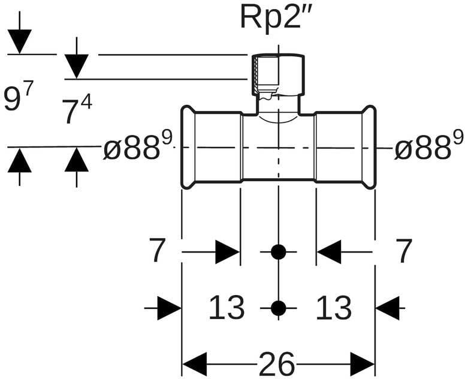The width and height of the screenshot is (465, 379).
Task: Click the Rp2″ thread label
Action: pyautogui.click(x=276, y=17)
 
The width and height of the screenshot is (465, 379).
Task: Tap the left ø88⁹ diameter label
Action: pyautogui.click(x=138, y=147)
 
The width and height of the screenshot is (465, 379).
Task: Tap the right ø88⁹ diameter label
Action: pyautogui.click(x=428, y=147)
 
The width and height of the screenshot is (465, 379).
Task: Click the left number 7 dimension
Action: pyautogui.click(x=157, y=251)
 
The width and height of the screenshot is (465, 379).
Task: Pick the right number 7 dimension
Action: pyautogui.click(x=404, y=251)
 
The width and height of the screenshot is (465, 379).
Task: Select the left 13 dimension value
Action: pyautogui.click(x=227, y=308)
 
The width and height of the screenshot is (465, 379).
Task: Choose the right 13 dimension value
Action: pyautogui.click(x=333, y=308)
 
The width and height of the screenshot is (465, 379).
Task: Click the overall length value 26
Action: pyautogui.click(x=277, y=364)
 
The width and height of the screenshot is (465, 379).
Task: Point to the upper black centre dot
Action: pyautogui.click(x=278, y=252)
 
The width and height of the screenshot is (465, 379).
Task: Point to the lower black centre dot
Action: pyautogui.click(x=278, y=308)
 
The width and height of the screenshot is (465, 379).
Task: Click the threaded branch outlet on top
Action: pyautogui.click(x=277, y=76)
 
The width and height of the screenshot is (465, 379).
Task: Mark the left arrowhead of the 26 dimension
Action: pyautogui.click(x=194, y=364)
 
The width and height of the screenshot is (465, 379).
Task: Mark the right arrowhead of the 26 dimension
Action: pyautogui.click(x=363, y=364)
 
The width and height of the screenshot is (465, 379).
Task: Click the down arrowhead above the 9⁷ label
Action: pyautogui.click(x=20, y=41)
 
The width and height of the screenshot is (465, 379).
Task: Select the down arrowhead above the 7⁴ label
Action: pyautogui.click(x=77, y=65)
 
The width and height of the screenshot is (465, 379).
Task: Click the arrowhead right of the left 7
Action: pyautogui.click(x=228, y=252)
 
